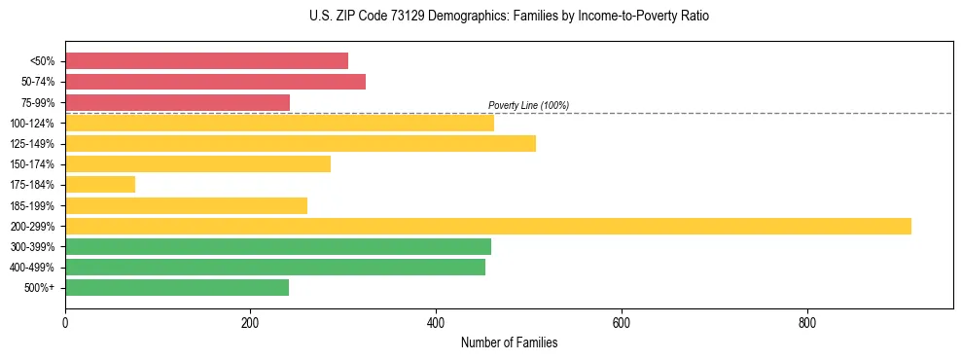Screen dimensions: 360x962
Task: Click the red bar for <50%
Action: pos(206,61)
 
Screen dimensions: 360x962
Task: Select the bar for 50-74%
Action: pos(215,82)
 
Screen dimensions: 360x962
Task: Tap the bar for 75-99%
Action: pos(177,102)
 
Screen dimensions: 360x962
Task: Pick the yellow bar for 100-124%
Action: pos(279,123)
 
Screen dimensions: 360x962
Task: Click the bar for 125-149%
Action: pos(301,144)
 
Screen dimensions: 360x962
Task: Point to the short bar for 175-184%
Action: pos(100,185)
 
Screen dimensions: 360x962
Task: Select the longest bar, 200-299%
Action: pos(488,226)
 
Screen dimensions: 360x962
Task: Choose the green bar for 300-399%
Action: pos(278,246)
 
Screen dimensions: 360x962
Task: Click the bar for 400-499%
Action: pos(275,267)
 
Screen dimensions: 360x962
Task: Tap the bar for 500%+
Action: pos(177,287)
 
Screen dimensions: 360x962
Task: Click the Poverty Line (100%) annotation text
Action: pos(528,105)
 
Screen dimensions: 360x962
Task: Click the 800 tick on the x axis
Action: pos(806,322)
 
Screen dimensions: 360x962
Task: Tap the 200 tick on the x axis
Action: pos(250,322)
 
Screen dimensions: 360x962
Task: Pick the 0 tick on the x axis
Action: pos(65,322)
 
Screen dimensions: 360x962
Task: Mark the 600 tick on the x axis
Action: pos(621,322)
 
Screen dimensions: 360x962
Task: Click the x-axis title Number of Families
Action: pos(509,342)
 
